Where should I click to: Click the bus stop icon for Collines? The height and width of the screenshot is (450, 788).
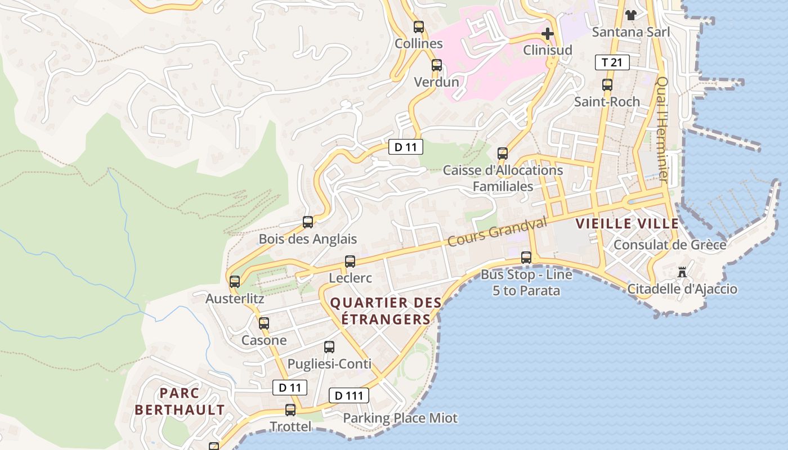point(418,26)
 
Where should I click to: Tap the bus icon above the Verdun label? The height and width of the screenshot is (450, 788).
point(436,65)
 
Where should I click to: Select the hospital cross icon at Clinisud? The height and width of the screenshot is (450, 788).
point(547,34)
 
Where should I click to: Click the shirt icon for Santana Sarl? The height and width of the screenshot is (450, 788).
point(630,15)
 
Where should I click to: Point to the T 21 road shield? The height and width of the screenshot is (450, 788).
point(612,62)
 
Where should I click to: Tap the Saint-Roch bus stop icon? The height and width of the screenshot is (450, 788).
point(607,85)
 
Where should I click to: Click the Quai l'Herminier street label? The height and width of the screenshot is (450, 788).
point(662,129)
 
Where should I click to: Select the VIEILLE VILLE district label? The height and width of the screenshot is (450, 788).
point(627,223)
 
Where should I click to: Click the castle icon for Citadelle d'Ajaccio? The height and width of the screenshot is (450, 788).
point(682,273)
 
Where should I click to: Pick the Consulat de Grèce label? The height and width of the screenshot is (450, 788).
point(669,245)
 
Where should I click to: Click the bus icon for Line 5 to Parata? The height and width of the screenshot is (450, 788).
point(526,258)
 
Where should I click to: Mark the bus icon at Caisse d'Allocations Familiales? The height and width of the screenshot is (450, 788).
point(502,153)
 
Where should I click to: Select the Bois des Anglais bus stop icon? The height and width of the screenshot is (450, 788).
point(307,222)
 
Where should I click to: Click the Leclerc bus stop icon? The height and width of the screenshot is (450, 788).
point(350,262)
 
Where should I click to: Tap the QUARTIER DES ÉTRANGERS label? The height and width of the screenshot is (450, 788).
point(386,311)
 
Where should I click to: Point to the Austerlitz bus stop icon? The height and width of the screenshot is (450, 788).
point(235,282)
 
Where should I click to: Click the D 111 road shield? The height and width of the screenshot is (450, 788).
point(348,395)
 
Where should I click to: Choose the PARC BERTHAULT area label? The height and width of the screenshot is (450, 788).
point(180,401)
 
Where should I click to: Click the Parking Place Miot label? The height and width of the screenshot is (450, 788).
point(400,418)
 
